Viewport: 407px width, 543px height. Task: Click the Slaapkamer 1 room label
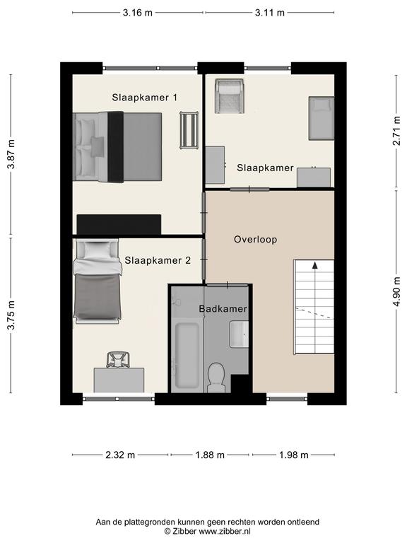(144, 98)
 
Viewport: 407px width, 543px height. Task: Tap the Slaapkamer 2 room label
(158, 260)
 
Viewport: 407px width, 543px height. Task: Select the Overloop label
(255, 240)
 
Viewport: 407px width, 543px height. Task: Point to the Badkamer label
(223, 308)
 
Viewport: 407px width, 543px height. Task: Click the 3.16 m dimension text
(137, 13)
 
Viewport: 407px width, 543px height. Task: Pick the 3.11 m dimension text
(270, 13)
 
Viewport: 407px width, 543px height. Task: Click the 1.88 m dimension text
(210, 455)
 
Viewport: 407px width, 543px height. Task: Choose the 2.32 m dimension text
(120, 455)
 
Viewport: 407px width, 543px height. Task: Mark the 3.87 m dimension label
(11, 154)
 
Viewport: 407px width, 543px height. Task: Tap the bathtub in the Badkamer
(187, 356)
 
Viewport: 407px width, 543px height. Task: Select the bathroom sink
(239, 334)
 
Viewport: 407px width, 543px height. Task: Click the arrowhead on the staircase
(314, 265)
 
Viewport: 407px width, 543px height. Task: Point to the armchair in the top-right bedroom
(229, 96)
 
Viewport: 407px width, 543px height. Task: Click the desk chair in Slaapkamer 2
(118, 359)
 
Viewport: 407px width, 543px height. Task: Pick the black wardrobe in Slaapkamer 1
(119, 224)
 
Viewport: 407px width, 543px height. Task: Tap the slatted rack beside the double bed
(189, 130)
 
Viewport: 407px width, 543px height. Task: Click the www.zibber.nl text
(224, 531)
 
